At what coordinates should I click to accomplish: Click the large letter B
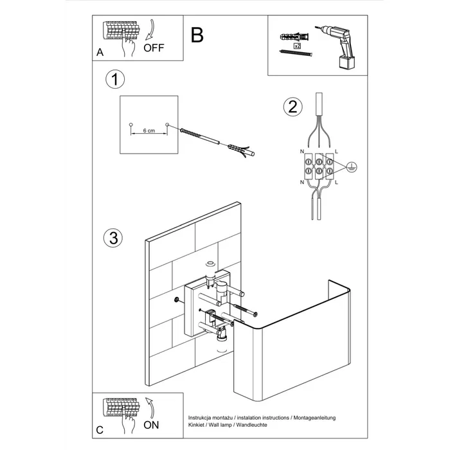click(197, 35)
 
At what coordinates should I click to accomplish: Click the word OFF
click(154, 48)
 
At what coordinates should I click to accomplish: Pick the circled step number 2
click(293, 107)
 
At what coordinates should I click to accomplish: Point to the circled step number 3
click(113, 237)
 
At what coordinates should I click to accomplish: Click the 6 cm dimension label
click(148, 130)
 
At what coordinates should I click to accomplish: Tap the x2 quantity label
click(296, 46)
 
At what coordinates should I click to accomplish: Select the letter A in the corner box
click(100, 53)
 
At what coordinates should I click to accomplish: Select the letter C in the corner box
click(100, 429)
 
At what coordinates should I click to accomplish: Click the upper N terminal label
click(301, 152)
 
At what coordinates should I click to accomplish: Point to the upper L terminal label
click(337, 152)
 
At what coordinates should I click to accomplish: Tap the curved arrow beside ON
click(151, 406)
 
